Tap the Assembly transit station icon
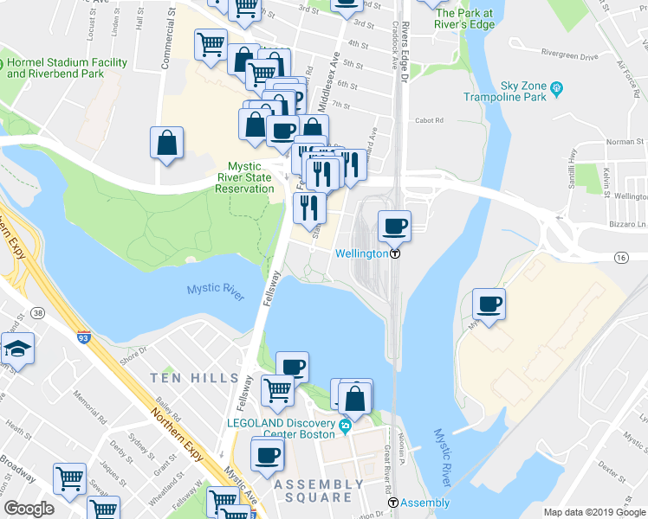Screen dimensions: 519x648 click(x=392, y=503)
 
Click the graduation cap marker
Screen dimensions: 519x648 click(x=16, y=349)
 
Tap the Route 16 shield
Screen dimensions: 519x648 click(x=620, y=258)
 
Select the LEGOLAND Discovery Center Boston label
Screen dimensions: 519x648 click(x=280, y=428)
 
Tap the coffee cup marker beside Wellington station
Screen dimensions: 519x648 click(x=394, y=227)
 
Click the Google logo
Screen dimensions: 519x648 click(x=29, y=509)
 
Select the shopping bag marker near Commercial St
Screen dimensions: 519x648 click(x=166, y=144)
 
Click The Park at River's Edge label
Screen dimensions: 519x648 click(x=464, y=19)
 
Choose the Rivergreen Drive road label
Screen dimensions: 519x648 click(x=569, y=56)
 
